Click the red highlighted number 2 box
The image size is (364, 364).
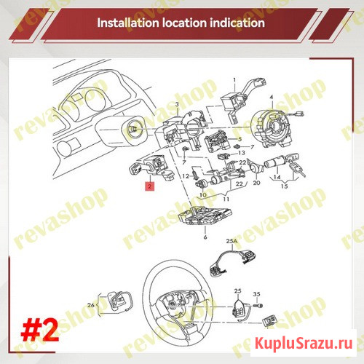pyautogui.click(x=149, y=186)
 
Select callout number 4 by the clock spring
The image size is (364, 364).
pyautogui.click(x=271, y=97)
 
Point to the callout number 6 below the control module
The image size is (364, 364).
pyautogui.click(x=206, y=238)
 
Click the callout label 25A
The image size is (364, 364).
pyautogui.click(x=232, y=240)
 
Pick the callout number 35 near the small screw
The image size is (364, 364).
pyautogui.click(x=256, y=293)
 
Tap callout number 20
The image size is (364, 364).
pyautogui.click(x=256, y=183)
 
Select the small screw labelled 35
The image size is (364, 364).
pyautogui.click(x=257, y=306)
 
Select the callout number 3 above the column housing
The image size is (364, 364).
pyautogui.click(x=177, y=106)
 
